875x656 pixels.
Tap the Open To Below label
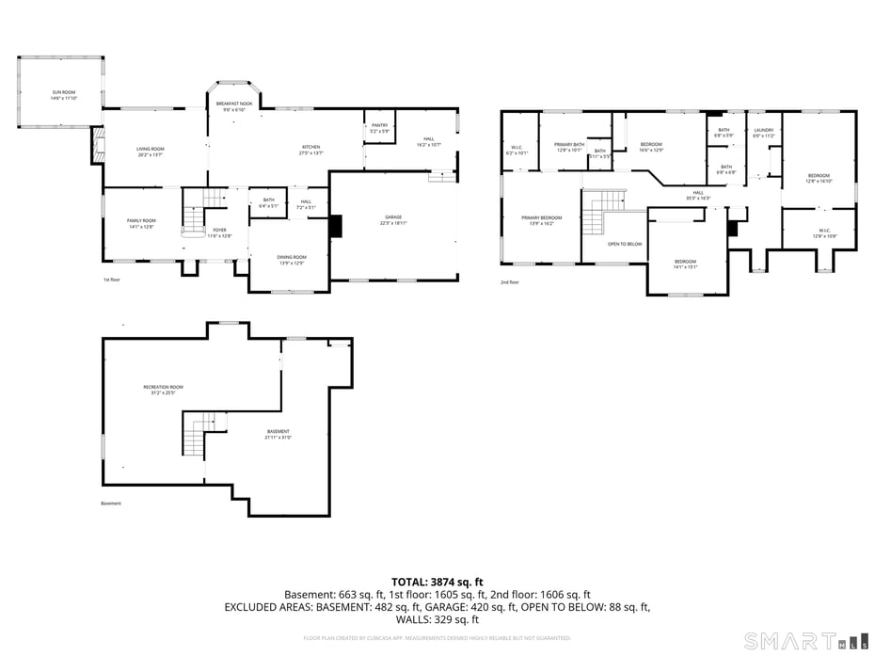pyautogui.click(x=625, y=244)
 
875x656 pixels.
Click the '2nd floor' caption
pyautogui.click(x=510, y=281)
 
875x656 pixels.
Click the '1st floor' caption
pyautogui.click(x=112, y=280)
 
